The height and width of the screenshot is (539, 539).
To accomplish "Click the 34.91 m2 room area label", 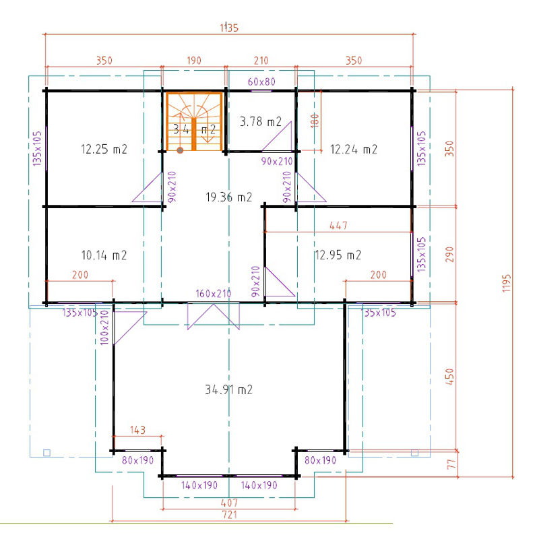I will (228, 389).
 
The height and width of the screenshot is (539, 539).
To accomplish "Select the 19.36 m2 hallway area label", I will (228, 197).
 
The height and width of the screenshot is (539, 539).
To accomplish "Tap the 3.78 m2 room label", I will (261, 122).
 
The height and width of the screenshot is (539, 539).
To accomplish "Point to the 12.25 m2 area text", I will (104, 150).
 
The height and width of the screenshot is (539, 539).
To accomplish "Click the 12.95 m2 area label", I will (338, 255).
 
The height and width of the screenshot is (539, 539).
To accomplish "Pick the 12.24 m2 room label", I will (353, 150).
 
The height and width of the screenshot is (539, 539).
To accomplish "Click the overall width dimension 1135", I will (229, 28).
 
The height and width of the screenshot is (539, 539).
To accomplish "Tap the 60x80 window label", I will (261, 82).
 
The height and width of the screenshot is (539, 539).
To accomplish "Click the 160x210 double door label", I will (213, 294).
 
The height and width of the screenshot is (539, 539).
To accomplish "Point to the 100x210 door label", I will (104, 327).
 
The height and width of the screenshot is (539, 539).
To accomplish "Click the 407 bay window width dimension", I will (229, 503).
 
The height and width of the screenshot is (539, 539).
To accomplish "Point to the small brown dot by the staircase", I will (180, 151).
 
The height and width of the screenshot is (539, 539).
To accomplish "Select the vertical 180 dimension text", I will (313, 120).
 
